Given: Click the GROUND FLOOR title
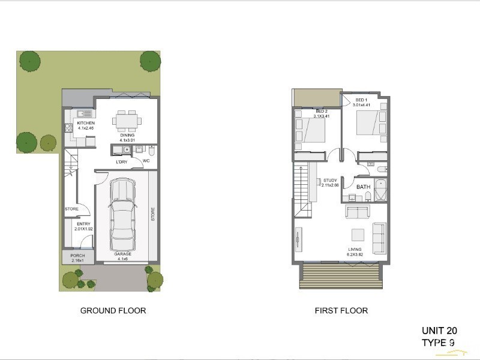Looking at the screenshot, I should [x=113, y=311].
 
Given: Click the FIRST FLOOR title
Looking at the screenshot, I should [x=341, y=311].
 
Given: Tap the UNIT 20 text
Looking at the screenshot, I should [x=439, y=331].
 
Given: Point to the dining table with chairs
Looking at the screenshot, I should [x=127, y=121].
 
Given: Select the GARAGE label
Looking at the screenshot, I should [x=122, y=254].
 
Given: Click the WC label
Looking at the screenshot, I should [x=146, y=160].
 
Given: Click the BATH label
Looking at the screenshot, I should [x=364, y=187].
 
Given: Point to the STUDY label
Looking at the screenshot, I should [x=330, y=180].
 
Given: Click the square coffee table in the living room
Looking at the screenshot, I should [x=358, y=235].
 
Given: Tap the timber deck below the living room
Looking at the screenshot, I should [x=340, y=277].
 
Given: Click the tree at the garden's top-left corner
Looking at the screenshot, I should [x=29, y=60].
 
